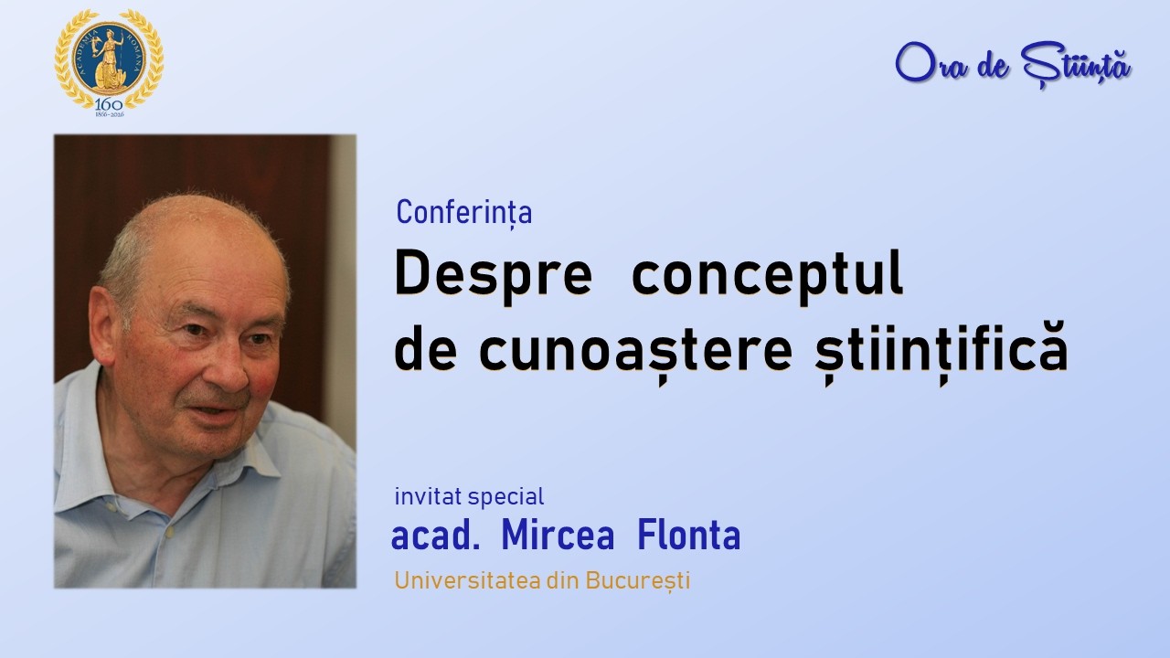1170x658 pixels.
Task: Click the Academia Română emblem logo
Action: coord(109,57)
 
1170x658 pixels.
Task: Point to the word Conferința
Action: coord(464,213)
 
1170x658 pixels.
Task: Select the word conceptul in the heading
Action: coord(767,274)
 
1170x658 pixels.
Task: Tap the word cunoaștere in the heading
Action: coord(634,352)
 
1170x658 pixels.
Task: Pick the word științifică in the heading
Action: coord(932,352)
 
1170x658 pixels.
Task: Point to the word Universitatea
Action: coord(471,580)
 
